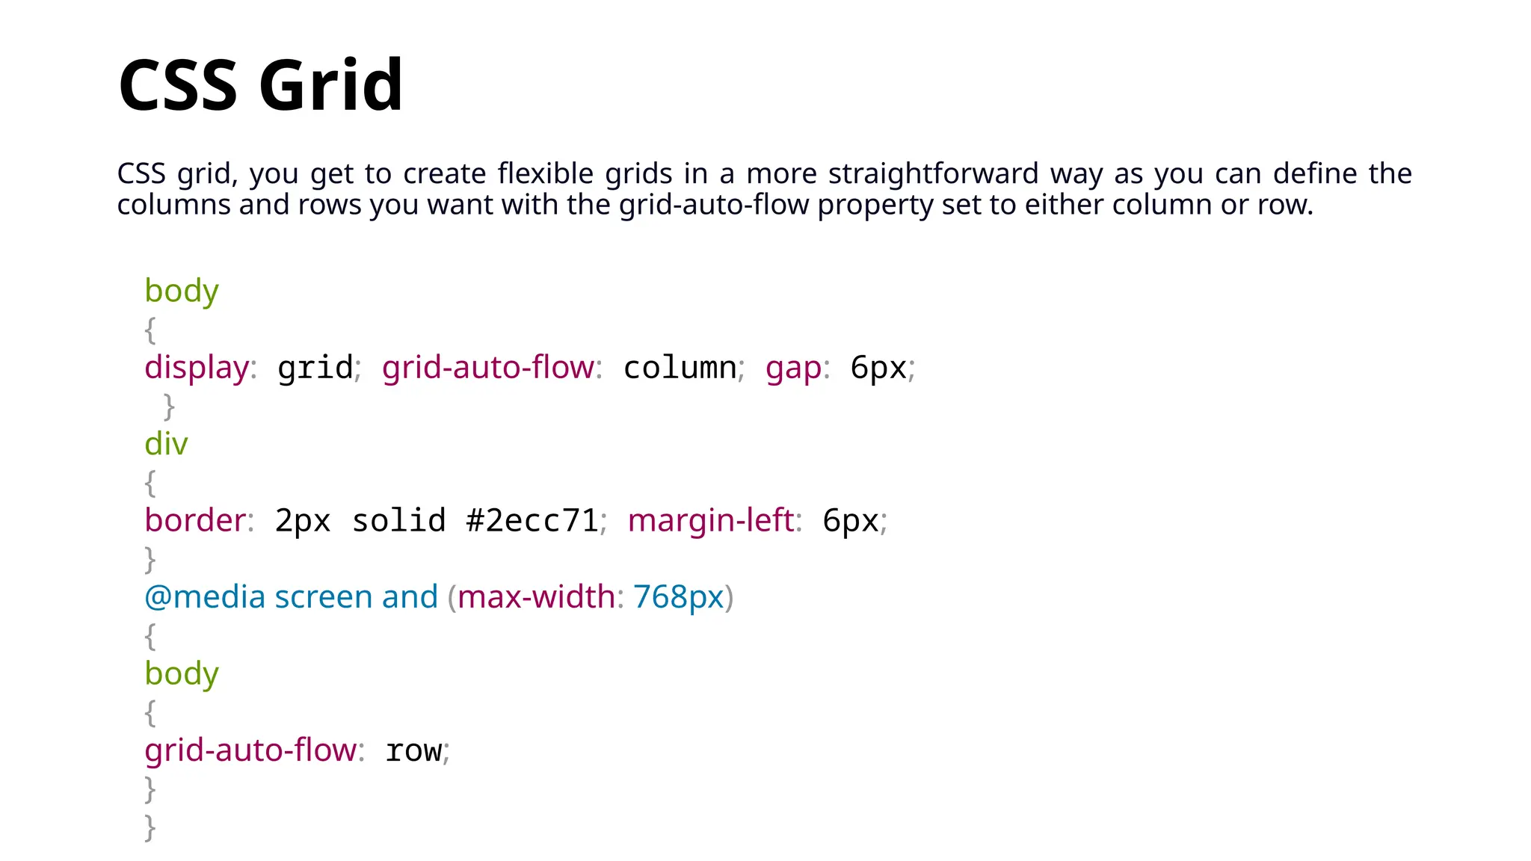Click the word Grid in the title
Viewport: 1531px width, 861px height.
click(330, 85)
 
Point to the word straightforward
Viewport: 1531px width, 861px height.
click(933, 173)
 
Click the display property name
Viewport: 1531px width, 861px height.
click(197, 368)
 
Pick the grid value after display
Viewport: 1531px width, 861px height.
click(315, 368)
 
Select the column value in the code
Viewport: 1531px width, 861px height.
click(680, 368)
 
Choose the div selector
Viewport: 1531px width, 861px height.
click(166, 444)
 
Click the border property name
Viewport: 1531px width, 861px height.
click(195, 520)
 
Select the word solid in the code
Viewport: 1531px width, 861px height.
click(398, 520)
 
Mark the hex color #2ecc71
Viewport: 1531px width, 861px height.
click(532, 520)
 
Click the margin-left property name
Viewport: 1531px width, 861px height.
click(711, 520)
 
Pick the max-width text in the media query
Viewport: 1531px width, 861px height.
click(536, 597)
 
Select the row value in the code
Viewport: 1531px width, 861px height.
click(413, 750)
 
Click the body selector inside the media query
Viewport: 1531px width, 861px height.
click(182, 674)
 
